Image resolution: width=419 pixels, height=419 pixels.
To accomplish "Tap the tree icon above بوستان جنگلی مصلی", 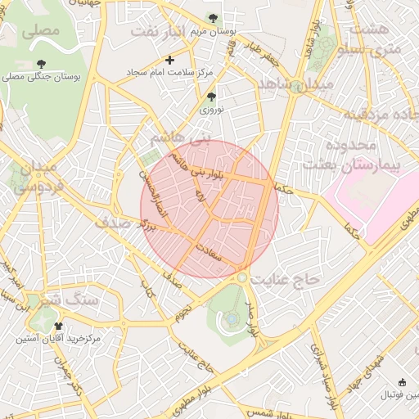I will [x=42, y=64].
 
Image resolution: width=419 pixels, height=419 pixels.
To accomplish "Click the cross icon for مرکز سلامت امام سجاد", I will [x=169, y=60].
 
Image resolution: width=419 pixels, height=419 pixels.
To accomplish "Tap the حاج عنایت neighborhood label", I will [x=287, y=280].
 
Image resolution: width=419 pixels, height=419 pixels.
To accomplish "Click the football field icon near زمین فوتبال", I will [x=402, y=382].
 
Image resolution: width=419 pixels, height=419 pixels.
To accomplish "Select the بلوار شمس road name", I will [x=263, y=414].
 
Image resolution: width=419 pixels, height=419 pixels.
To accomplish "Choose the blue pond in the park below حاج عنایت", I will [x=232, y=317].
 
